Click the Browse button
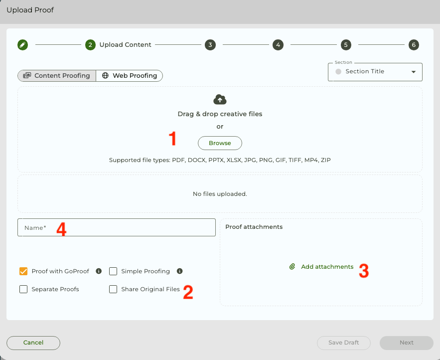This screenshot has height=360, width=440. [220, 143]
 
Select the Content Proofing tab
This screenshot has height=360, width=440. [57, 76]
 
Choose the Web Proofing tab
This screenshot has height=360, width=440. [130, 76]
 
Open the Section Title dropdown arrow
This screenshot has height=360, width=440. [414, 72]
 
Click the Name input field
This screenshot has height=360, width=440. [117, 227]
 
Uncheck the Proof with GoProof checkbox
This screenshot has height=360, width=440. [23, 271]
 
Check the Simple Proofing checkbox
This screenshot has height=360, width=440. [113, 271]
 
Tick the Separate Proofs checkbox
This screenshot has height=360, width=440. [23, 289]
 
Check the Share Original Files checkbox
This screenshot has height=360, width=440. [113, 289]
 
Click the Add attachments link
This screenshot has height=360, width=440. [321, 267]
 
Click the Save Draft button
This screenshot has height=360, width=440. [344, 343]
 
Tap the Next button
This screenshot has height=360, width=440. [407, 343]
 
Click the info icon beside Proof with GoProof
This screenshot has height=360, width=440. [99, 271]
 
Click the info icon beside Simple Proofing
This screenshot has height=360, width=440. [180, 271]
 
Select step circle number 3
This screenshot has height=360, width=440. [210, 45]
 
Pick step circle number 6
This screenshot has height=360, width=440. [414, 45]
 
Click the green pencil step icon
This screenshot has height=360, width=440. [23, 45]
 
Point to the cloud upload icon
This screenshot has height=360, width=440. [220, 100]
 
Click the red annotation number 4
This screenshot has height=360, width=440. [61, 229]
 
